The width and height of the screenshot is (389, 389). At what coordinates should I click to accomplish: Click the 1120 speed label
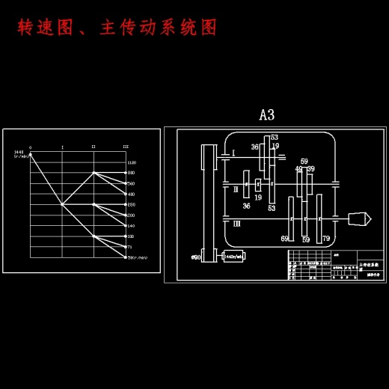[132, 162]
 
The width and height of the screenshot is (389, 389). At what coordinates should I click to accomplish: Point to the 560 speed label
[132, 183]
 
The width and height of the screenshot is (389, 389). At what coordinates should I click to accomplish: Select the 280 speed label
[132, 204]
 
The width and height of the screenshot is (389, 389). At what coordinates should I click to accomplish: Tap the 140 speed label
[132, 225]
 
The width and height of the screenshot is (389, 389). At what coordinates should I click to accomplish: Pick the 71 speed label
[131, 246]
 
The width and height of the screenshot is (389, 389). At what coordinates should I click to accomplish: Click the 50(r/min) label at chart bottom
[137, 257]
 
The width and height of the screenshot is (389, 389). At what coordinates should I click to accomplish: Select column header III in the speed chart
[125, 147]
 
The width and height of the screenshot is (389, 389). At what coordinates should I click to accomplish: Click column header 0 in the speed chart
[30, 147]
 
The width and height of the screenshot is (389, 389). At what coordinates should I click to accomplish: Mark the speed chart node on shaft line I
[62, 203]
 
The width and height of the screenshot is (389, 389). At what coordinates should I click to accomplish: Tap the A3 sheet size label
[266, 114]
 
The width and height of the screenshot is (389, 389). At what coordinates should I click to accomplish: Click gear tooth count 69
[285, 239]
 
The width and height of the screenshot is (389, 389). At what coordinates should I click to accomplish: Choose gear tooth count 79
[326, 239]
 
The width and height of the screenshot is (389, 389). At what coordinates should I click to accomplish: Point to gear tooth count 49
[298, 169]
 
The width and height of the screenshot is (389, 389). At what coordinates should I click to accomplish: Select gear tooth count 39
[310, 169]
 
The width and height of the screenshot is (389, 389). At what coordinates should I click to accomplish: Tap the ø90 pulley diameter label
[196, 257]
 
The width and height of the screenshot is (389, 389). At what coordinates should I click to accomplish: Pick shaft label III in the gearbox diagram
[236, 223]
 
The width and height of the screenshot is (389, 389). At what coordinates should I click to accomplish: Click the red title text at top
[117, 28]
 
